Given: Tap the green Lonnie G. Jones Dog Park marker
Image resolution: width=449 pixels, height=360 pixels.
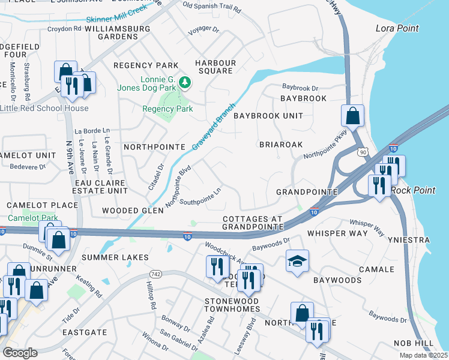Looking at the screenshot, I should [185, 82].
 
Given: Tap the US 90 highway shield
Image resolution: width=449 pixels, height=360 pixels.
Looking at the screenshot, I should [362, 153].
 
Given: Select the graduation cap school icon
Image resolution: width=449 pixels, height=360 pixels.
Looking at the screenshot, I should [297, 261].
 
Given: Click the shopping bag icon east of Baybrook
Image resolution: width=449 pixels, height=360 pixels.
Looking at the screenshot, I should [353, 115].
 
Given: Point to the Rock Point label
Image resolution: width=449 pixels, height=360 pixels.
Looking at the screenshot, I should [413, 190].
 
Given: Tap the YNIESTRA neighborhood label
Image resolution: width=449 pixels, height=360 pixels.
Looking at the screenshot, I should [428, 240].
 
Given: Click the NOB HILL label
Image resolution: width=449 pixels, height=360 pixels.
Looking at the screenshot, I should [414, 343].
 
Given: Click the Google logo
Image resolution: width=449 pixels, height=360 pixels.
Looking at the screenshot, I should [20, 352].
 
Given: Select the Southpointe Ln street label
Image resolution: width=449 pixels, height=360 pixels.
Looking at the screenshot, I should [200, 198].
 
